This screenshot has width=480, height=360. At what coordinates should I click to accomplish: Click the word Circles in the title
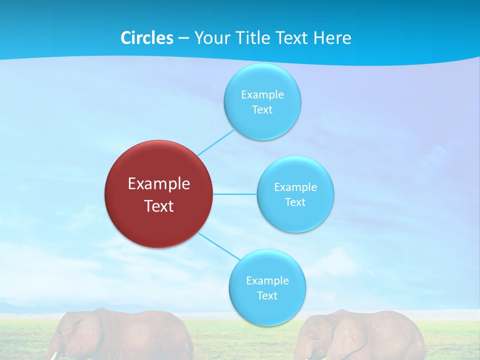(146, 38)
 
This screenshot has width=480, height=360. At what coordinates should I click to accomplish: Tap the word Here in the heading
(332, 38)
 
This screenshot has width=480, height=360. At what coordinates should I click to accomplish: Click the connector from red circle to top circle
(216, 142)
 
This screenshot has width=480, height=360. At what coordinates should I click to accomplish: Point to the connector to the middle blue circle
(235, 194)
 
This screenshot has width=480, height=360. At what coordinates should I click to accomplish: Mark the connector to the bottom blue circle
(218, 245)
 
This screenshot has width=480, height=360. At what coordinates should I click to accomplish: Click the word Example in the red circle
(159, 184)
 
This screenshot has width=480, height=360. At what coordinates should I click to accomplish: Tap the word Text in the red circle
(159, 206)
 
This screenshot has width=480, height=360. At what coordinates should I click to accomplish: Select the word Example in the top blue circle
(262, 94)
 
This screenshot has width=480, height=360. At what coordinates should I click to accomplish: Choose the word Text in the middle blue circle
(295, 202)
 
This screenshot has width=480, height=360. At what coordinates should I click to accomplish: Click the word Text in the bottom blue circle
(267, 295)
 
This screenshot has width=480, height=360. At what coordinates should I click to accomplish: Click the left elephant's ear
(82, 335)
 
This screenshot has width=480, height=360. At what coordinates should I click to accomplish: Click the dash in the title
(183, 38)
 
